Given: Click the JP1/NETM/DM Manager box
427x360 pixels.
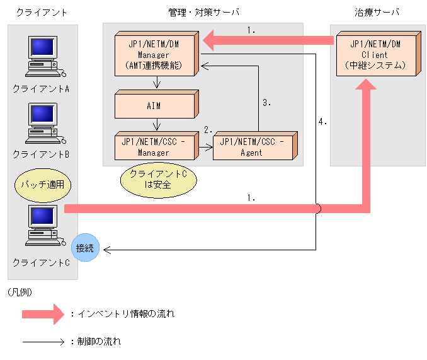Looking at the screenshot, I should tap(156, 54).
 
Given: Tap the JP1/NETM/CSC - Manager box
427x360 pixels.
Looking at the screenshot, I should tap(154, 146).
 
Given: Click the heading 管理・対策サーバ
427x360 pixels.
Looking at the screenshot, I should tap(203, 13).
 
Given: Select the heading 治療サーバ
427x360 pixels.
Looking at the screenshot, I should tap(377, 13).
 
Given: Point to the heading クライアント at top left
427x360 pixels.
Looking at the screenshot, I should tap(42, 13).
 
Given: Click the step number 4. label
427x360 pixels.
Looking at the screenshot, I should tap(322, 122).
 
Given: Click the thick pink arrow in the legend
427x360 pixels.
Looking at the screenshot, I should tap(43, 313).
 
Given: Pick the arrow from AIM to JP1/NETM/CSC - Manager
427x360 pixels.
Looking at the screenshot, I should tap(154, 125).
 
